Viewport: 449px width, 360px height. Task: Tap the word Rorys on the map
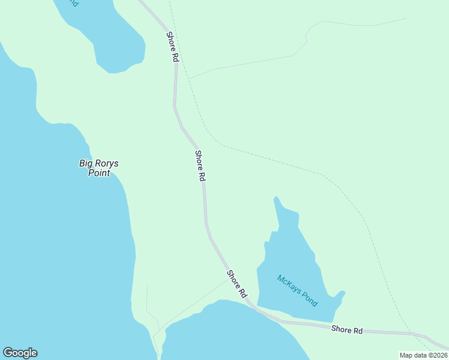tap(98, 163)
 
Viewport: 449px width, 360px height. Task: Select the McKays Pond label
tap(297, 290)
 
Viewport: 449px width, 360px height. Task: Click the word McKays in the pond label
tap(289, 284)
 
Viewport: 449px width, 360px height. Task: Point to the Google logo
tap(20, 353)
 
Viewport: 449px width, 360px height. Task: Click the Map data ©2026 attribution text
tap(423, 355)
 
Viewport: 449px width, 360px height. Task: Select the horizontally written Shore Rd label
tap(348, 330)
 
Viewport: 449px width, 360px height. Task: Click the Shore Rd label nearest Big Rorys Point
tap(200, 166)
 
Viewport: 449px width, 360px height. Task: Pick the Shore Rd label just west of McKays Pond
tap(237, 284)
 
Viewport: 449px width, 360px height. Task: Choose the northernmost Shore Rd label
tap(173, 47)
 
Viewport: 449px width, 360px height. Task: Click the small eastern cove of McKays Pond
tap(340, 295)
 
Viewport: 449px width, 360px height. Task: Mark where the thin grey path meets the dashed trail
tap(190, 78)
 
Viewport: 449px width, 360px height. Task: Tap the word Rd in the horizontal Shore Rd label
tap(358, 331)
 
